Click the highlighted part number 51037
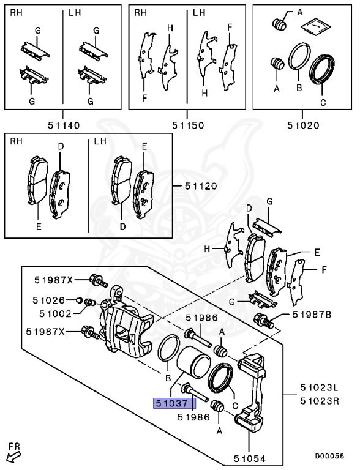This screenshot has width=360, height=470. pos(174,404)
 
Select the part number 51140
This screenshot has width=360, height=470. pos(64,125)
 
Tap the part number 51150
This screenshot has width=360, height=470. pos(188,125)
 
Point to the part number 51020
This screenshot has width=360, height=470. pos(303,125)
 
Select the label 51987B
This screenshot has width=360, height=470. pos(311,315)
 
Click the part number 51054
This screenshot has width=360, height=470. pos(250,458)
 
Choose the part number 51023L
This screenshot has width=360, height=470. pos(318,387)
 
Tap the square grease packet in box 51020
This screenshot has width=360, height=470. pos(315,26)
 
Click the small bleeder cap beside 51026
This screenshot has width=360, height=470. pos(79,299)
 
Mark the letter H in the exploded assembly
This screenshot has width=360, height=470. pos(207,248)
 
